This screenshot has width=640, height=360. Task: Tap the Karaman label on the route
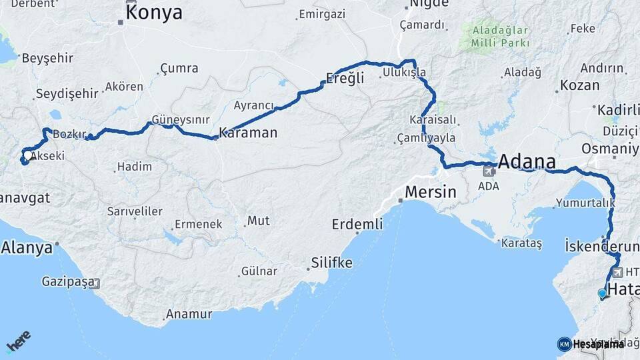tap(247, 133)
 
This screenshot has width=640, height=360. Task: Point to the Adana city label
tap(527, 162)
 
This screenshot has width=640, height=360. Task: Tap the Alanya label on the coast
tap(27, 248)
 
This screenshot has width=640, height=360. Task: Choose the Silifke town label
tap(331, 263)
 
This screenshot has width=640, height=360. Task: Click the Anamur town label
tap(189, 313)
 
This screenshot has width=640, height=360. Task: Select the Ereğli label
tap(345, 77)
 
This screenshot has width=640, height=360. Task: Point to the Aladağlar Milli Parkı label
tap(500, 37)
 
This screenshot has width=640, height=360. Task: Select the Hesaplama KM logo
tap(591, 344)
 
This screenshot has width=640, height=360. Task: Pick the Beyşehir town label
tap(47, 58)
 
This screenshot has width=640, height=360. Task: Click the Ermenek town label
tap(198, 224)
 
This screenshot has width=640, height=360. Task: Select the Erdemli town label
tap(357, 224)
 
